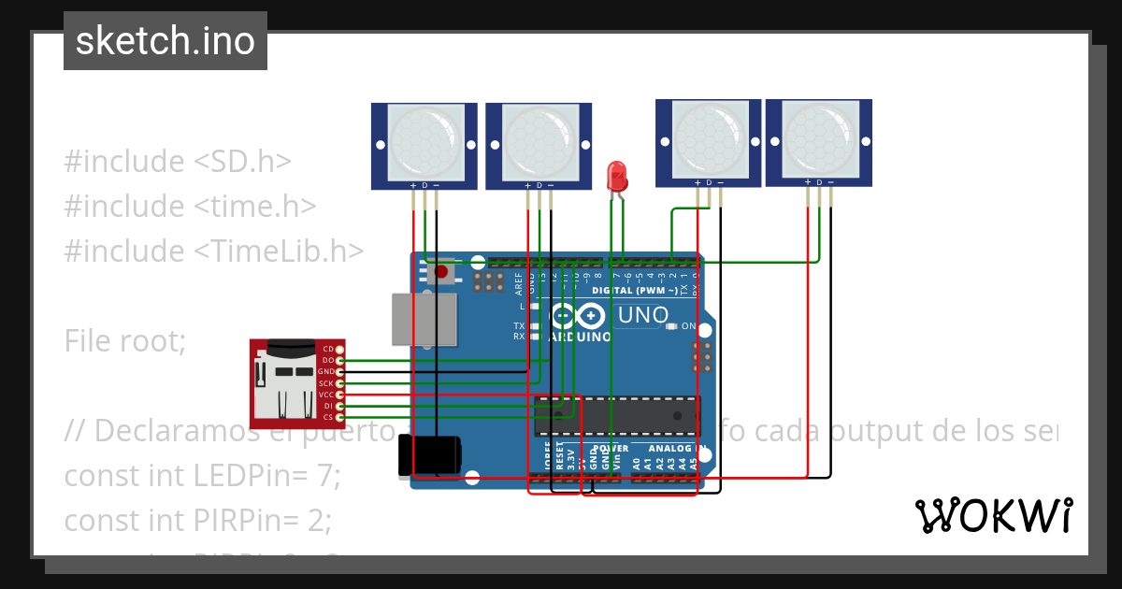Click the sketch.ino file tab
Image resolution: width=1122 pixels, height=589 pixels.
click(165, 41)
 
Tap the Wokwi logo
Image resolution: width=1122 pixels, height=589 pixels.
click(993, 515)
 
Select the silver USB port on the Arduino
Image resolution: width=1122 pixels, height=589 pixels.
click(424, 318)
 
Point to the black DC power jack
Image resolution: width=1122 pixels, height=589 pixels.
click(431, 454)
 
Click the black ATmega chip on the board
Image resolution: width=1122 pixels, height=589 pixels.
click(617, 416)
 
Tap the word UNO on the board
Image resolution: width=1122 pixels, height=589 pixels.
click(643, 315)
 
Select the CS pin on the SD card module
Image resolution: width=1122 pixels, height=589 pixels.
click(339, 417)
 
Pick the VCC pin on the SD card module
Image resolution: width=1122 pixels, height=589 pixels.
click(339, 395)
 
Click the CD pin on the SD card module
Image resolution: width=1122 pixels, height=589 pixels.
click(339, 349)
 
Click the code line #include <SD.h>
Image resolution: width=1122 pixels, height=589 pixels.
click(178, 161)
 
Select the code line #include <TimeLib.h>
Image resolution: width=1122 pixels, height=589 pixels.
click(213, 251)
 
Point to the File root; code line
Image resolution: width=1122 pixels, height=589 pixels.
click(125, 341)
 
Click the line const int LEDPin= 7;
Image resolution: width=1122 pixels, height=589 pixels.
click(202, 476)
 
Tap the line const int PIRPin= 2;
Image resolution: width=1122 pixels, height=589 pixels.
click(198, 520)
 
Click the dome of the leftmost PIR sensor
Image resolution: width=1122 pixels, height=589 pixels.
click(425, 142)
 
